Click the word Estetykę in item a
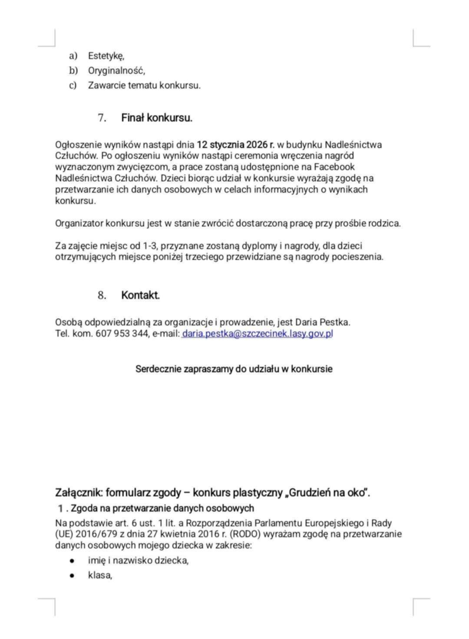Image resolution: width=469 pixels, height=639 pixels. (x=106, y=56)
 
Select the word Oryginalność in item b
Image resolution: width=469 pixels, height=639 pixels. (x=116, y=71)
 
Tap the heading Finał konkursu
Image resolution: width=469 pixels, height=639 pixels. (x=157, y=118)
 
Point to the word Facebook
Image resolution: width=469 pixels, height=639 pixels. (x=334, y=167)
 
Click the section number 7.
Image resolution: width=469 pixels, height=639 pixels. (x=102, y=118)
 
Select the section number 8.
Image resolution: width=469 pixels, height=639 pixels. (x=102, y=295)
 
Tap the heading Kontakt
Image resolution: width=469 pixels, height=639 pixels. (x=140, y=295)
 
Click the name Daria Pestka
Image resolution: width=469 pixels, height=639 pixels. (x=322, y=322)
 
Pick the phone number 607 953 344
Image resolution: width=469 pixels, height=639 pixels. (x=122, y=334)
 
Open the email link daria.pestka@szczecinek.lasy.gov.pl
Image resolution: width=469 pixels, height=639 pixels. (x=258, y=334)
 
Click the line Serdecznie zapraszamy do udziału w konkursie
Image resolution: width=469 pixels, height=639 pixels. (x=234, y=369)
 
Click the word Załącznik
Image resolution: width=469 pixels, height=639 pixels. (x=79, y=493)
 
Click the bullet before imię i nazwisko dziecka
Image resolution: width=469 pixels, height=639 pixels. (x=72, y=561)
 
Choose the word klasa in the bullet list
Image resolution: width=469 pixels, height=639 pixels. (x=100, y=576)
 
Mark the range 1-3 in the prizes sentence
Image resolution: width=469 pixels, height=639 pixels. (x=149, y=246)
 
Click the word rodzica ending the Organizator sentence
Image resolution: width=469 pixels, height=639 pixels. (x=384, y=223)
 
